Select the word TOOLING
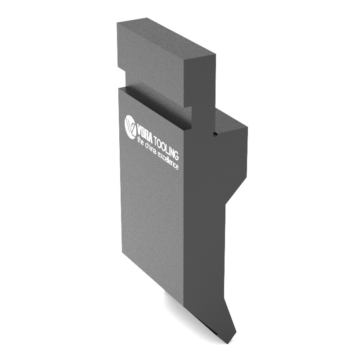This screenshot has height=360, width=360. [166, 148]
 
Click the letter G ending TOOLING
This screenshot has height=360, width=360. [176, 154]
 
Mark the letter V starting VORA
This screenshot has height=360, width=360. [139, 130]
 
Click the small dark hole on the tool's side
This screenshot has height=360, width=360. [215, 134]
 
